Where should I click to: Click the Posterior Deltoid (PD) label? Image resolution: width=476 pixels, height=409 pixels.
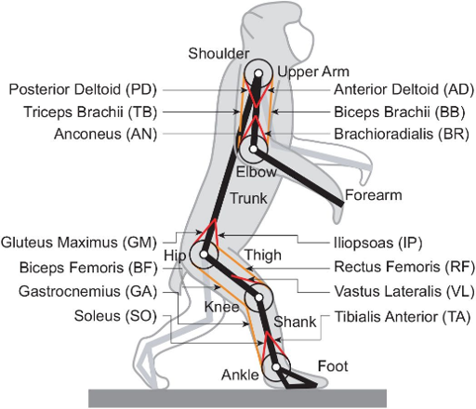83,89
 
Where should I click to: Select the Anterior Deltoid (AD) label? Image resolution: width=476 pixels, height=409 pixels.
404,89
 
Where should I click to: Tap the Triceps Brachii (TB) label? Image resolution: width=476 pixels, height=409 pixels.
90,112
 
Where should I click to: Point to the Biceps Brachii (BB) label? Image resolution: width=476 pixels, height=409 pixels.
400,112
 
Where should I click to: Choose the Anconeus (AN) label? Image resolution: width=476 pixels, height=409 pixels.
106,135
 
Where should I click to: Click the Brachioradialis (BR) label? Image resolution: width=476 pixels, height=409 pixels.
402,135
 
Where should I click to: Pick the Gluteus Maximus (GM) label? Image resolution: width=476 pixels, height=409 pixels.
79,243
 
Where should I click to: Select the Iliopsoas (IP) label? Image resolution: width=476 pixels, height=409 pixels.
378,243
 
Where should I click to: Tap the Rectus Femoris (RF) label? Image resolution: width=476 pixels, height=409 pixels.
404,267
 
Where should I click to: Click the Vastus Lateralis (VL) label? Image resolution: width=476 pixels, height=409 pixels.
404,292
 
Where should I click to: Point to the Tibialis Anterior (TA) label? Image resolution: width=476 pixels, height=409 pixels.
403,317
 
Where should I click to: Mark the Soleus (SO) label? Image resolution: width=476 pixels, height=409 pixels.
115,316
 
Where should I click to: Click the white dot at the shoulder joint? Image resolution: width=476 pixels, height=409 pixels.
258,73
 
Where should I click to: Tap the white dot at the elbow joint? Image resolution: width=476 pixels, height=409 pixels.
254,149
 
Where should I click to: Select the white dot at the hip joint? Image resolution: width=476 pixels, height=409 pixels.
204,255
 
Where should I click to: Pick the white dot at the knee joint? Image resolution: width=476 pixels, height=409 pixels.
259,297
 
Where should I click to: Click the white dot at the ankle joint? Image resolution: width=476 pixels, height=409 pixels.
276,367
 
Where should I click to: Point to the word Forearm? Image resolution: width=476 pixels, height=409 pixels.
374,195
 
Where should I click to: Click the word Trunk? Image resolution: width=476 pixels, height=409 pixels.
249,198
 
